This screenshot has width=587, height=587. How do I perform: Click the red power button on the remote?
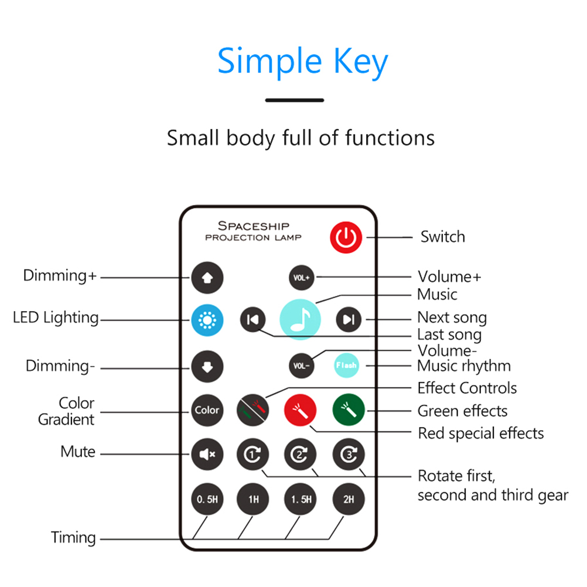346,237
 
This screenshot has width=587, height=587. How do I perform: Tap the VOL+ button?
301,277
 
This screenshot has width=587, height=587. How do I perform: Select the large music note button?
300,319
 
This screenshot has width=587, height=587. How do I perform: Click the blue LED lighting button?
207,319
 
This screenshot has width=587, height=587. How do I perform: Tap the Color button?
207,410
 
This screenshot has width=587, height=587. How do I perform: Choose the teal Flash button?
346,366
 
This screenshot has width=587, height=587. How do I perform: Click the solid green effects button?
349,409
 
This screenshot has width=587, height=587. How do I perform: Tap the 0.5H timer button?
207,500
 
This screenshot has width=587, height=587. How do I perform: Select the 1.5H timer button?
301,500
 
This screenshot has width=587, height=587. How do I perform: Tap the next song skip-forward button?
349,319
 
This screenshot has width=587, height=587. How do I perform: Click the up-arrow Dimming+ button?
207,277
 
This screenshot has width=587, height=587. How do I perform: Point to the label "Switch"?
442,237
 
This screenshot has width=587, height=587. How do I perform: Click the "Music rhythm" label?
463,366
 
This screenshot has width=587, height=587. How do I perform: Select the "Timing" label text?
73,537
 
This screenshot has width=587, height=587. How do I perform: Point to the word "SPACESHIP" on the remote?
254,226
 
